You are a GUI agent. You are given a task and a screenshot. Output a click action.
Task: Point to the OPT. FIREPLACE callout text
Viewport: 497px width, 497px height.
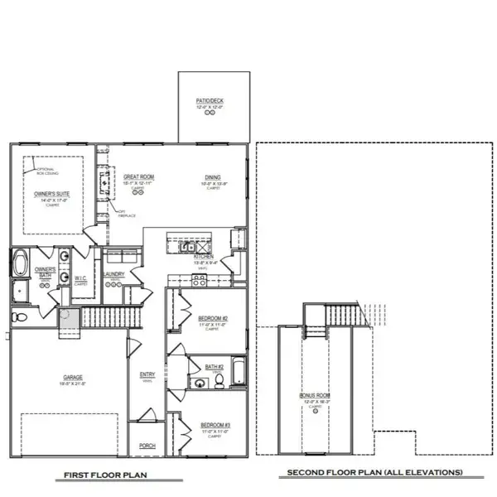tap(127, 213)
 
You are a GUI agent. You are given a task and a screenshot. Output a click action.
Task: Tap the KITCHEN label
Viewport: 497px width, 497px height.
tap(205, 258)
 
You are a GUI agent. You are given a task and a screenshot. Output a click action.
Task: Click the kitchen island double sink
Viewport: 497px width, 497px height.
tap(188, 247)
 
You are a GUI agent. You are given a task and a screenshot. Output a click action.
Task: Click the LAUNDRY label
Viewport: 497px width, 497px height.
tap(114, 274)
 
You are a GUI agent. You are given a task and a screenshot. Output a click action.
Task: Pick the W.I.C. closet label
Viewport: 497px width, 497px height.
tap(81, 277)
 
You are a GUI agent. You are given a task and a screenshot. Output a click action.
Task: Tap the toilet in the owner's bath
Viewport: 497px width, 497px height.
tap(22, 317)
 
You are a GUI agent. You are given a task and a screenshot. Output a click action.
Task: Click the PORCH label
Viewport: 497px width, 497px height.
tap(147, 445)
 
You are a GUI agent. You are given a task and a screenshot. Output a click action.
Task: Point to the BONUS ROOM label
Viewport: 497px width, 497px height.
tap(315, 396)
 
